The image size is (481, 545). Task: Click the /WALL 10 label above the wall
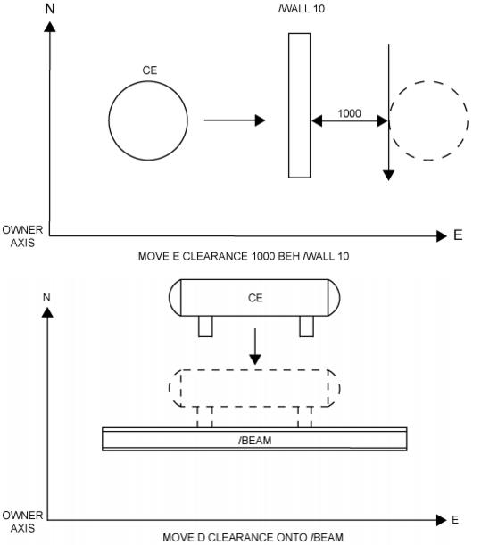point(302,9)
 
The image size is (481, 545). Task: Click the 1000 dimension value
point(349,113)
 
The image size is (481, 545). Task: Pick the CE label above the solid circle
point(150,70)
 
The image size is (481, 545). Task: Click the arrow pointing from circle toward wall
point(235,120)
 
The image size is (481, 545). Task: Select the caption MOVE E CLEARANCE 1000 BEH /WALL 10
point(244,257)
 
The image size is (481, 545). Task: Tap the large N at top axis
point(50,9)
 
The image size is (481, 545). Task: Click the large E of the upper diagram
point(458,235)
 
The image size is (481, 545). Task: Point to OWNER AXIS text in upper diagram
point(22,236)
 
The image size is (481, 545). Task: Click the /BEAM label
point(255,441)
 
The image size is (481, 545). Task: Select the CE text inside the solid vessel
point(255,298)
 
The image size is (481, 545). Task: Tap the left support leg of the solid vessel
point(205,326)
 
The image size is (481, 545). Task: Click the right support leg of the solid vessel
point(306,326)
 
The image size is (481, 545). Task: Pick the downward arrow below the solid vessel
point(255,346)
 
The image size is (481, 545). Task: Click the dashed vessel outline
point(254,370)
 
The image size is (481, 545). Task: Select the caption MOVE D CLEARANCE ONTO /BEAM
point(253,537)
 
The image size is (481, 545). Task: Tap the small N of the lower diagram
point(46,298)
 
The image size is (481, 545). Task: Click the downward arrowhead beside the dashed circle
point(388,176)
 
